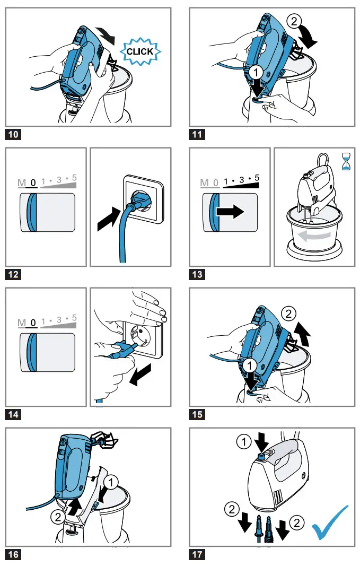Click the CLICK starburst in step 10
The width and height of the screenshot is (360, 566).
139,51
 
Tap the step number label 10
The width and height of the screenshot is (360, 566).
13,134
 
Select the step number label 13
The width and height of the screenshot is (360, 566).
197,274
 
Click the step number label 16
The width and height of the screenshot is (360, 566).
13,554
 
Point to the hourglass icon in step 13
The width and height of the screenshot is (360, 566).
346,161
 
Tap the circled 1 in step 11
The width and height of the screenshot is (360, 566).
256,71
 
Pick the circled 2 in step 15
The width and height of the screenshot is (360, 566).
288,314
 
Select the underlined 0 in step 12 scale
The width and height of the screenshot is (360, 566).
33,183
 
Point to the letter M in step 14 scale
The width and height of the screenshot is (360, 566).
22,323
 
